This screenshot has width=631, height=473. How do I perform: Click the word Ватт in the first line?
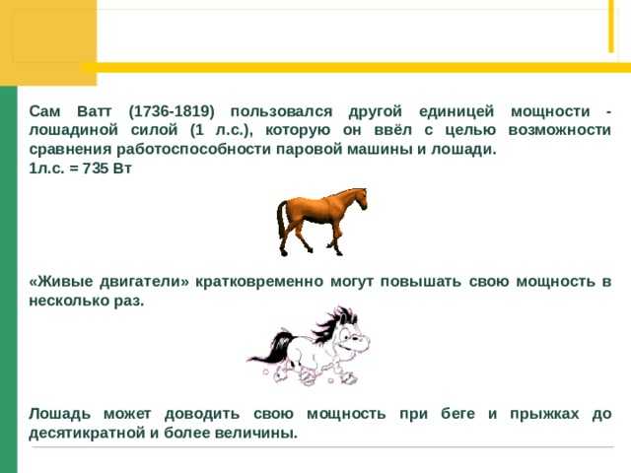95,111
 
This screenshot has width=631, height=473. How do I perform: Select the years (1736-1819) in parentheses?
172,111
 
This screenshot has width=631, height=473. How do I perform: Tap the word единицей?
456,111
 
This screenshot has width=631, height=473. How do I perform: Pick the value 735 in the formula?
96,169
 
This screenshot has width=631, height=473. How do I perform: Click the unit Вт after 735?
122,169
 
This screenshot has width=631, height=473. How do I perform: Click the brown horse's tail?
281,221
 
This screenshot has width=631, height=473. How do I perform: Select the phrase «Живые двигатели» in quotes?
108,282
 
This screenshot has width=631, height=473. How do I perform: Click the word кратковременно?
259,282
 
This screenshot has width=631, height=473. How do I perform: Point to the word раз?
129,302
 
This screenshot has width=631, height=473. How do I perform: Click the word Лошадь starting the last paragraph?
60,414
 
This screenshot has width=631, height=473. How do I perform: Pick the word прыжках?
544,414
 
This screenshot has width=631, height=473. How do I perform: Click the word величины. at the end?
256,434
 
